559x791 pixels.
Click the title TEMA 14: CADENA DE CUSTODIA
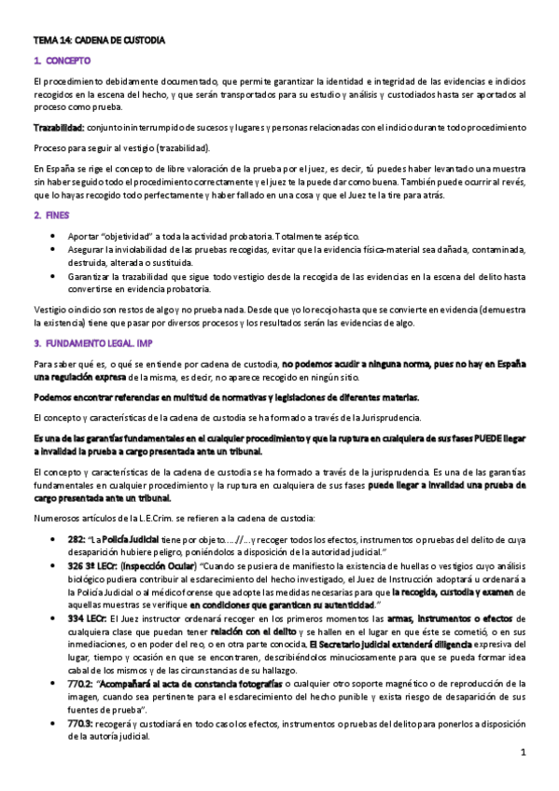pyautogui.click(x=99, y=41)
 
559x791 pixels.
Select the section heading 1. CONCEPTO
pyautogui.click(x=61, y=61)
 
